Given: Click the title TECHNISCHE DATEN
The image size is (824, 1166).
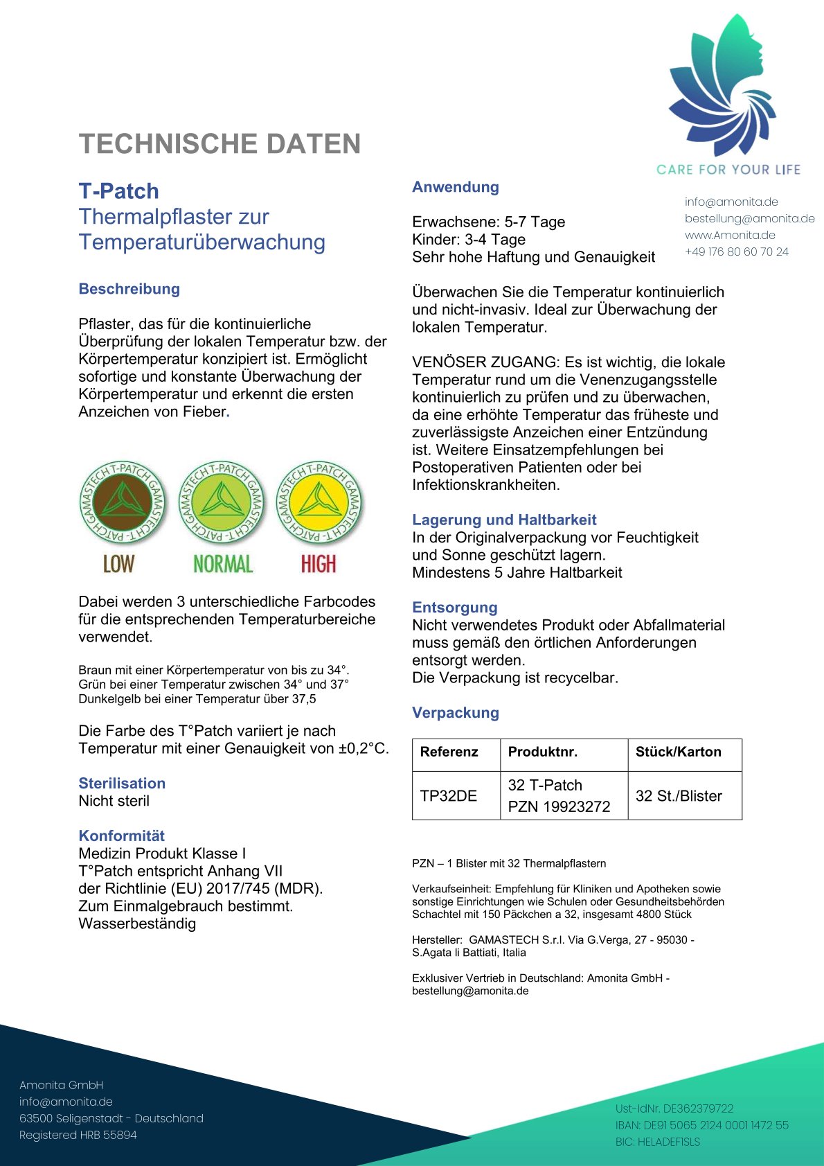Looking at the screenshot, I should pos(220,144).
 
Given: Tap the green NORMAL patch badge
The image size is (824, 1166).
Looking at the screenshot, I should pos(222,503).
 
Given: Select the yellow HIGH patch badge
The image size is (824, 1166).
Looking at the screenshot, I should pos(319,503).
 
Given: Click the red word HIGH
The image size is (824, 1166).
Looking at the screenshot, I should pos(319,564).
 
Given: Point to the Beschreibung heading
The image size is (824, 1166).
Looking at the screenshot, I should pos(129,289).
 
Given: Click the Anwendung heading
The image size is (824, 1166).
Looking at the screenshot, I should pos(455,187).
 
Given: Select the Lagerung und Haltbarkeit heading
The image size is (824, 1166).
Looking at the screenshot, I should pos(503,520).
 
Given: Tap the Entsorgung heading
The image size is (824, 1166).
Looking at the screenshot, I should pos(454,608).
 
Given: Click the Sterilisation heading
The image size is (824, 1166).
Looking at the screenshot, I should pos(122,784).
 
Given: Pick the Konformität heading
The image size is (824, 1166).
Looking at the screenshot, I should pos(121,836).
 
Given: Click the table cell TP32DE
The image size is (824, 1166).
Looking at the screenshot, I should pos(448,796).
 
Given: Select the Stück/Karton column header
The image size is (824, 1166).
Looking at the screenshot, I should pos(678,752).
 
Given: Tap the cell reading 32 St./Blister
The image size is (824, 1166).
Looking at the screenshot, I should pos(678,796).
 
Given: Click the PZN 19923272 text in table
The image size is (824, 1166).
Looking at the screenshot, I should pos(559,806).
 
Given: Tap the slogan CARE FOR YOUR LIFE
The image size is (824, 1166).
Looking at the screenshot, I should pos(728,170).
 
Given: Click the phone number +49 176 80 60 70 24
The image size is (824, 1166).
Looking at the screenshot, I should pos(736,252).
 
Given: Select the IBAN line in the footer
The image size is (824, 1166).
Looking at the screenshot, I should pos(701,1125).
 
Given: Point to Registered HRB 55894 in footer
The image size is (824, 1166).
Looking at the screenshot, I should pos(78,1135).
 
